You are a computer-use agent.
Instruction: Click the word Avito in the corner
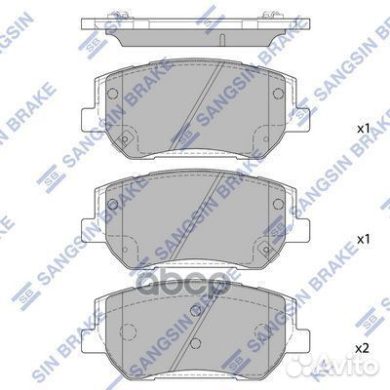click(359, 368)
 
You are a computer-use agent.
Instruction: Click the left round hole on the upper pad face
click(113, 96)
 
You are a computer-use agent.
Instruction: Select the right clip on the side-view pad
click(264, 15)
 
